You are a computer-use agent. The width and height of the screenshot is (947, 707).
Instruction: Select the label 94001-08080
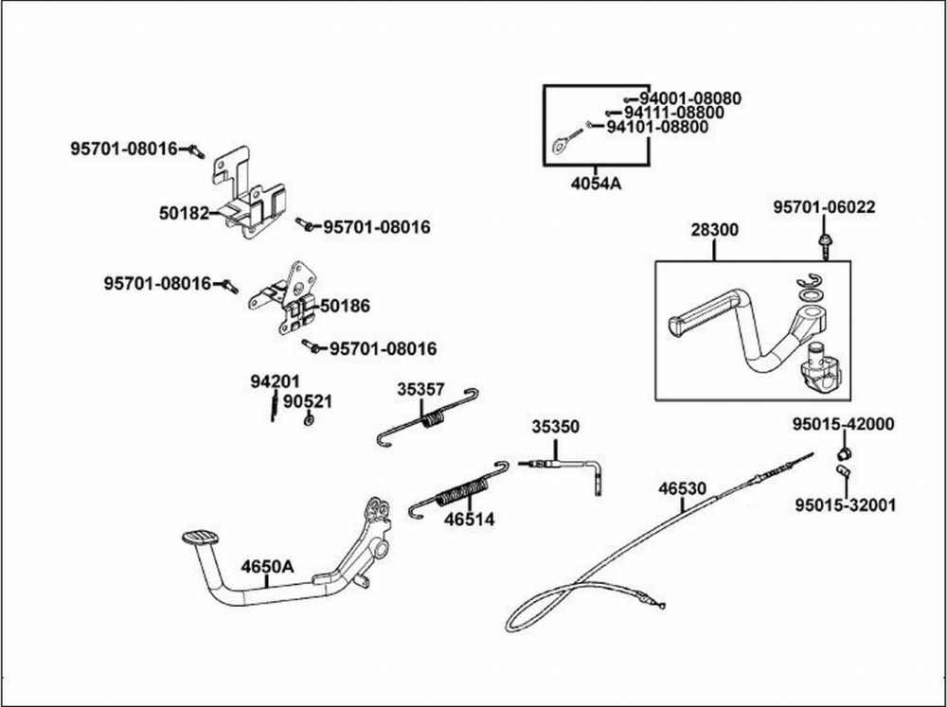coord(689,97)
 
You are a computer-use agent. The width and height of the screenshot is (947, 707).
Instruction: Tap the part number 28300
coord(715,230)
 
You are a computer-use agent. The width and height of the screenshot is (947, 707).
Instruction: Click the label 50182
coord(184,214)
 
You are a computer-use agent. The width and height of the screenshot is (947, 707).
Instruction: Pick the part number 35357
coord(420,389)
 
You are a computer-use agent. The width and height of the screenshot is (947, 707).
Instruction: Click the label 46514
coord(470,519)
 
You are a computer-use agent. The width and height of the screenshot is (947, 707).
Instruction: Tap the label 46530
coord(683,488)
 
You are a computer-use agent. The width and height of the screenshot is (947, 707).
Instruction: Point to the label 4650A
coord(267,567)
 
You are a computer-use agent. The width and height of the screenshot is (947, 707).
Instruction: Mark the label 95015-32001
coord(845,504)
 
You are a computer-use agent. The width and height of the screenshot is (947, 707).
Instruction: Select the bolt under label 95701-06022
coord(824,243)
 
